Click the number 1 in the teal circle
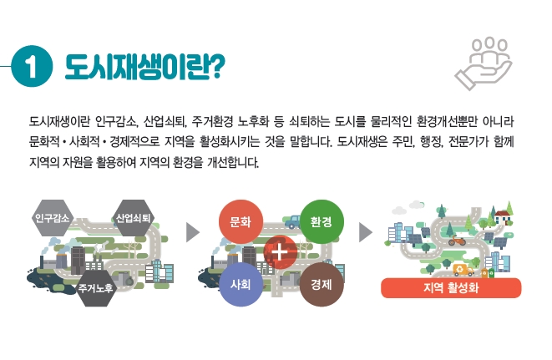point(32,66)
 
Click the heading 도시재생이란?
point(144,67)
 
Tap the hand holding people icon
point(484,63)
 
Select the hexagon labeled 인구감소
point(52,218)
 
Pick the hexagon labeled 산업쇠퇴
point(133,218)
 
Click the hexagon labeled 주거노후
point(96,288)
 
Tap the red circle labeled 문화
point(241,221)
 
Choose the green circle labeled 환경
point(322,221)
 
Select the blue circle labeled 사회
point(241,284)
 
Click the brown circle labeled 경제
point(322,284)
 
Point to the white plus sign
point(281,252)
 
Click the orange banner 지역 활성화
point(451,288)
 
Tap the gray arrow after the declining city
point(193,232)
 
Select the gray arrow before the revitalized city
point(366,232)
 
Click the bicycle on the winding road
point(457,241)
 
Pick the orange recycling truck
point(463,270)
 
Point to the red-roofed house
point(503,217)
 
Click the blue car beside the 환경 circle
point(292,221)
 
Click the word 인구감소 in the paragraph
point(116,121)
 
